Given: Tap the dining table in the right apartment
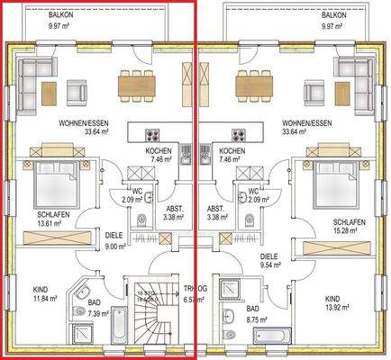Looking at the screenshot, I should tap(255, 86).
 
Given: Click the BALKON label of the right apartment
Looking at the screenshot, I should tap(333, 15).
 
